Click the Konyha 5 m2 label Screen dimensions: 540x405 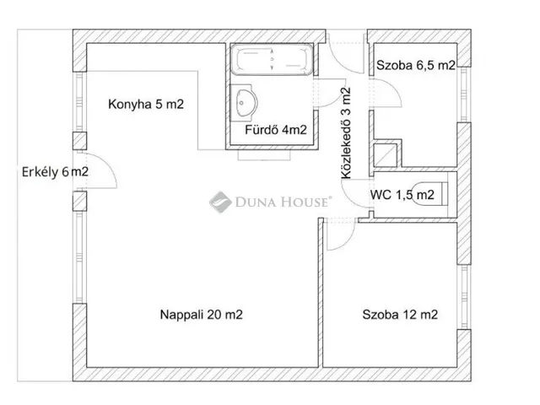pyautogui.click(x=146, y=104)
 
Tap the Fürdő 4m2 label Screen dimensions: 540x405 pyautogui.click(x=276, y=130)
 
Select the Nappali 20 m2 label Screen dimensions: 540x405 pyautogui.click(x=202, y=315)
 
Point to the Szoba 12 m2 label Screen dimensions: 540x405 pyautogui.click(x=400, y=315)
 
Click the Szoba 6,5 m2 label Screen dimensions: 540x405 pyautogui.click(x=416, y=65)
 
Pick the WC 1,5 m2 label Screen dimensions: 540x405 pyautogui.click(x=402, y=195)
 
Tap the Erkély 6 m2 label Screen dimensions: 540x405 pyautogui.click(x=55, y=172)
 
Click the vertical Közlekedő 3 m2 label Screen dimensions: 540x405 pyautogui.click(x=346, y=133)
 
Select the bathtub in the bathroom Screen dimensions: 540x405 pyautogui.click(x=272, y=59)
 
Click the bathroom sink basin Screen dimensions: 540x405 pyautogui.click(x=245, y=103)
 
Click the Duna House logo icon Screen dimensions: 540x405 pyautogui.click(x=220, y=202)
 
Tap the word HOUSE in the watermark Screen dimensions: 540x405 pyautogui.click(x=305, y=202)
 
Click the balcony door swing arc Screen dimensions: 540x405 pyautogui.click(x=108, y=165)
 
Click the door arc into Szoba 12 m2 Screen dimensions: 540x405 pyautogui.click(x=347, y=241)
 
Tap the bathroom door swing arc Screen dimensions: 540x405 pyautogui.click(x=332, y=100)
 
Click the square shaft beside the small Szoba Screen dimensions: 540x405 pyautogui.click(x=386, y=155)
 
